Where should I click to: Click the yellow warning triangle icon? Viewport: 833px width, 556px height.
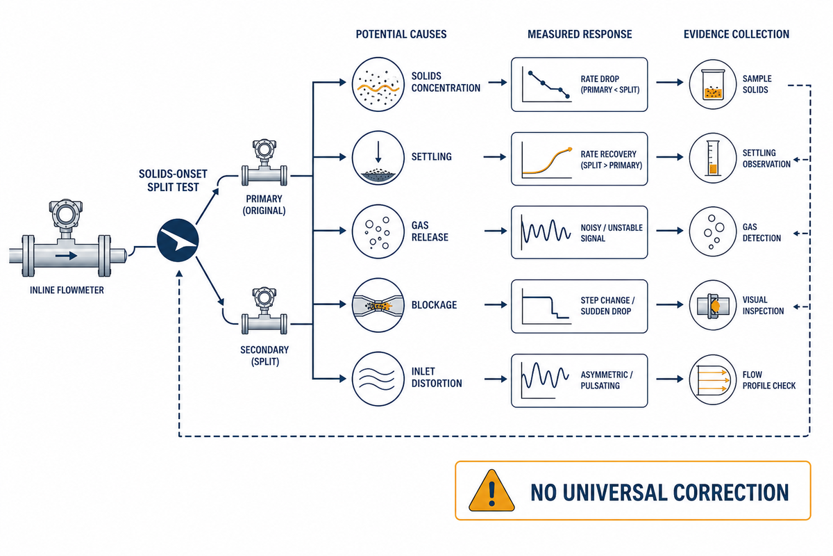491,491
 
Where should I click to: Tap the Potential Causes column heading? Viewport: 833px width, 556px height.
401,34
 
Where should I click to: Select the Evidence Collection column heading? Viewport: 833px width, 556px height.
737,34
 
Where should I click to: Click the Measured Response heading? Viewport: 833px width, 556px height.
580,34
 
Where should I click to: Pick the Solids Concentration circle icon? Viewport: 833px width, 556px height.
378,84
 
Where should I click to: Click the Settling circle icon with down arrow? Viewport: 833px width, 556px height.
378,158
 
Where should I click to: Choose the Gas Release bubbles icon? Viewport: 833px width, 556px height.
378,231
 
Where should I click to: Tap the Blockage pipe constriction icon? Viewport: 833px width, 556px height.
378,305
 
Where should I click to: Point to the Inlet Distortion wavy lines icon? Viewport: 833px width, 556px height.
378,379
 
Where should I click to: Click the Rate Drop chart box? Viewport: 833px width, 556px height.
580,85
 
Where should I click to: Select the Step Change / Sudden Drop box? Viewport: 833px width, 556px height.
580,306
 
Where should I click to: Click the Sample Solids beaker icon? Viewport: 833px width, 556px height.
713,84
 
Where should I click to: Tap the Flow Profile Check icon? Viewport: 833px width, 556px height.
713,379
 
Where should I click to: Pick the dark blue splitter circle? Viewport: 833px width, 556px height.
178,240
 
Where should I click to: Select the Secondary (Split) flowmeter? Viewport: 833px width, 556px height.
264,311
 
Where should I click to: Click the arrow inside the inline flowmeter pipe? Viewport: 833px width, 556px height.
67,256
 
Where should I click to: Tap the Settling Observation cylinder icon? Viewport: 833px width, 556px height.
713,158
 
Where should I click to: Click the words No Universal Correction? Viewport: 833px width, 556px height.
659,492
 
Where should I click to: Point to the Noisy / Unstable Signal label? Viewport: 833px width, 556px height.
612,233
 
